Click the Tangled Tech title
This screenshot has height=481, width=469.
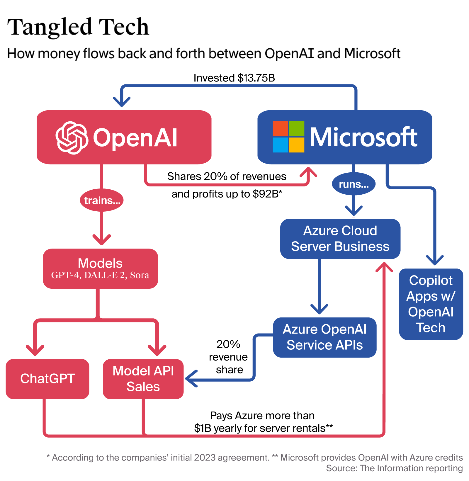(78, 27)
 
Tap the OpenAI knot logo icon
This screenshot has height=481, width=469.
(72, 138)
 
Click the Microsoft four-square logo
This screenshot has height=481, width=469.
(288, 137)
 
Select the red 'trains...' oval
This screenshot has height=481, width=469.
(102, 200)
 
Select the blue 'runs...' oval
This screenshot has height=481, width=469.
(354, 184)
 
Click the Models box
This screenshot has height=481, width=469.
(100, 268)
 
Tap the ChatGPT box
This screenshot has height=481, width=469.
(47, 379)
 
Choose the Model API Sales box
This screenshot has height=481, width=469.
(143, 379)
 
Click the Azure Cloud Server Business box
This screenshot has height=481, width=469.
(340, 239)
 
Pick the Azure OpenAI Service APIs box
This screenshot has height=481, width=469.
(324, 337)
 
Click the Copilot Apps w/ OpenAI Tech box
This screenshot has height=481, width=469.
(431, 304)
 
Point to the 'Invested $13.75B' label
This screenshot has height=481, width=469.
(234, 78)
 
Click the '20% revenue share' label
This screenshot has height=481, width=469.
(228, 357)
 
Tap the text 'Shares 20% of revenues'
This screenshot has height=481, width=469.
(227, 176)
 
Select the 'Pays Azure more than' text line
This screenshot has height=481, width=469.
(262, 416)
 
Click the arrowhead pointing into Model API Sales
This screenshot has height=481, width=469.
(190, 378)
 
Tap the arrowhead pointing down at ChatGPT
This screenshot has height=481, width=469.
(35, 351)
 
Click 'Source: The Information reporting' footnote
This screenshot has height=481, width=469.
(394, 468)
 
